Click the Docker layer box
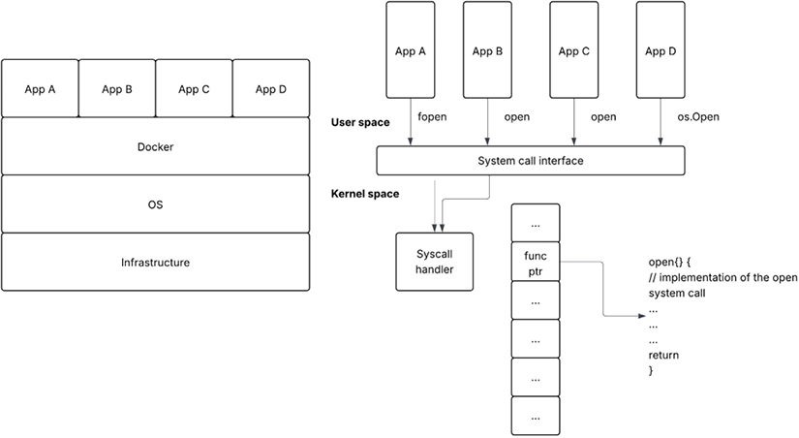[x=155, y=146]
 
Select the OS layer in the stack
[x=155, y=204]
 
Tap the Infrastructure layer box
[x=155, y=263]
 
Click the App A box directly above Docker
[x=40, y=89]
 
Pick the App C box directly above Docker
[x=194, y=89]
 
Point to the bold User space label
[x=360, y=123]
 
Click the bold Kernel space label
[x=365, y=194]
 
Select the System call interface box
[x=531, y=160]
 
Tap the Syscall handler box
[x=435, y=261]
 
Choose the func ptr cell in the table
[x=536, y=262]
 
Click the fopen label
[x=432, y=118]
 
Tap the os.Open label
[x=691, y=118]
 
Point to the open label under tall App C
[x=603, y=118]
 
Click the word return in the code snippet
[x=663, y=356]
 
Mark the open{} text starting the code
[x=664, y=263]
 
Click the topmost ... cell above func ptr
[x=536, y=222]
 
